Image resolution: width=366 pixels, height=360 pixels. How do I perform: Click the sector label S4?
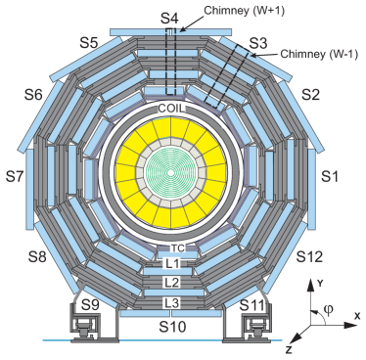(170, 19)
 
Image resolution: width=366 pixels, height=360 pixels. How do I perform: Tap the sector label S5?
(89, 43)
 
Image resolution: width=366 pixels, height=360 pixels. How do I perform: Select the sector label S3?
(257, 44)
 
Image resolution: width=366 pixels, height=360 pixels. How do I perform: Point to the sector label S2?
(310, 95)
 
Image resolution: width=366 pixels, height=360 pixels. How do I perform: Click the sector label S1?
(330, 177)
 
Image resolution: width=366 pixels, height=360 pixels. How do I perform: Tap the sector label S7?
(15, 177)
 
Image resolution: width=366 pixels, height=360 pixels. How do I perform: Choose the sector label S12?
(309, 257)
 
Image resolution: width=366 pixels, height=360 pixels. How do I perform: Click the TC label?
(177, 248)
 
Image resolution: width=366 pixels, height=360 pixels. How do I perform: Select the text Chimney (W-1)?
(318, 54)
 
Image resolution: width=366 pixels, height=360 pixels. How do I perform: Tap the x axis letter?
(358, 314)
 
